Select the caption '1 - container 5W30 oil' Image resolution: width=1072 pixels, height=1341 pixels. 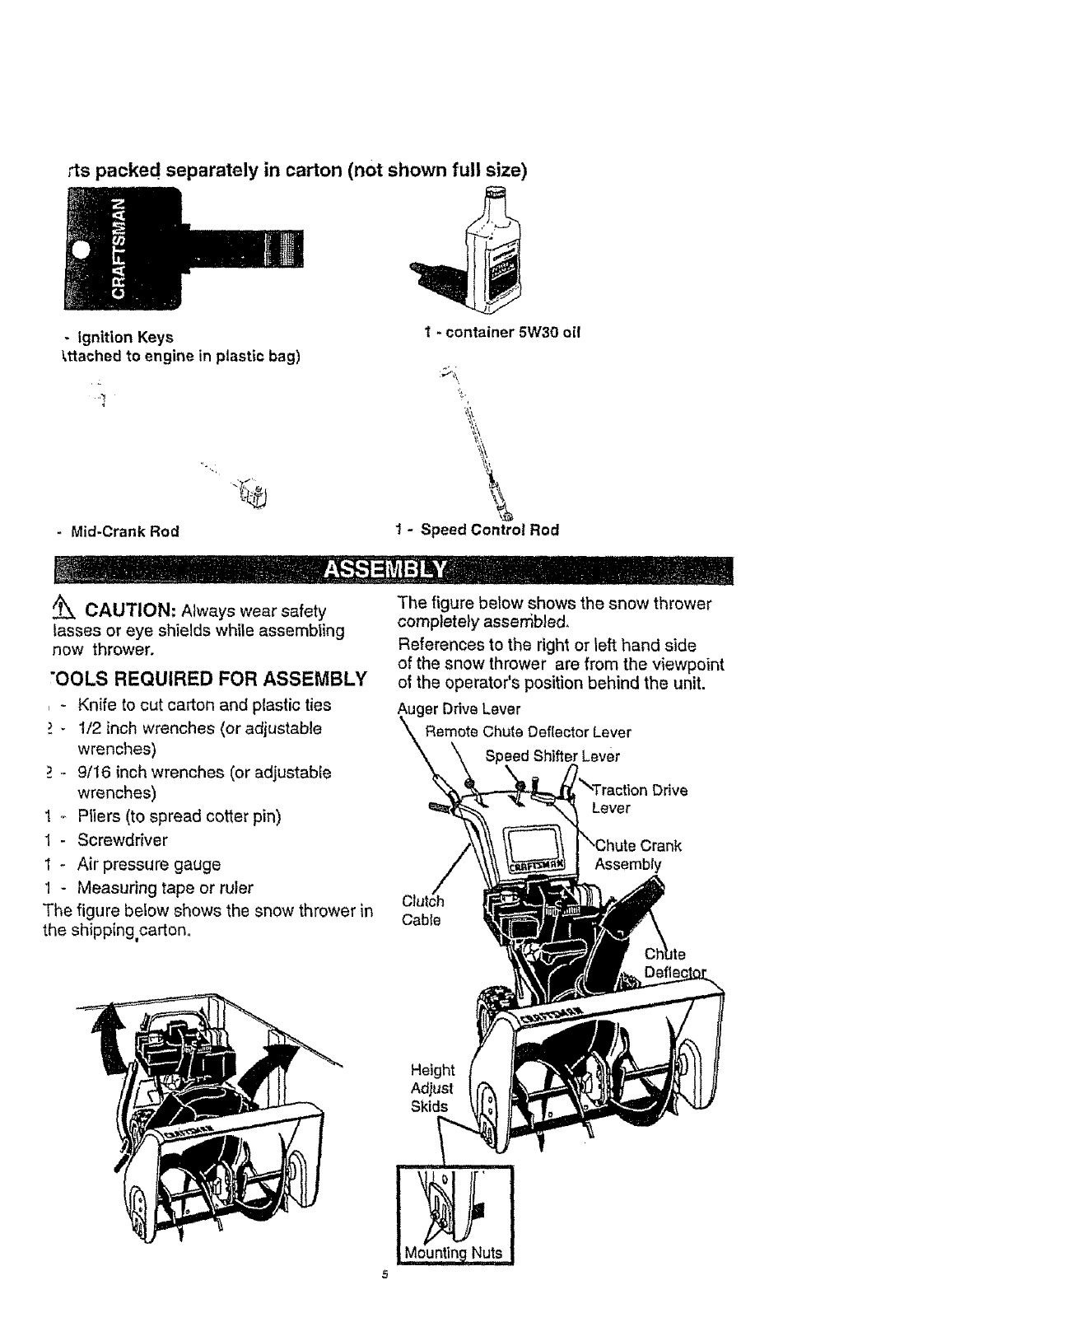[502, 333]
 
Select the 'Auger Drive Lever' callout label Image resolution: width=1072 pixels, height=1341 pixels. [459, 709]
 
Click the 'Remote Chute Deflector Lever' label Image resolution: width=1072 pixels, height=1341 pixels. [527, 732]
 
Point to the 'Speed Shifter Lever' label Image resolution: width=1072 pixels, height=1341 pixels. [552, 756]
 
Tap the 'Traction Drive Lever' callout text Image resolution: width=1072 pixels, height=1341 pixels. [637, 799]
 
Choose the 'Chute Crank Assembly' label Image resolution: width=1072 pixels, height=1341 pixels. [637, 855]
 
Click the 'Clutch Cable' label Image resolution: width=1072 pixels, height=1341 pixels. [422, 910]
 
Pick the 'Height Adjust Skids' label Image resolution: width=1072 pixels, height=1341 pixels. [432, 1087]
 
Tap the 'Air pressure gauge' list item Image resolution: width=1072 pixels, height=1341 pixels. [148, 864]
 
